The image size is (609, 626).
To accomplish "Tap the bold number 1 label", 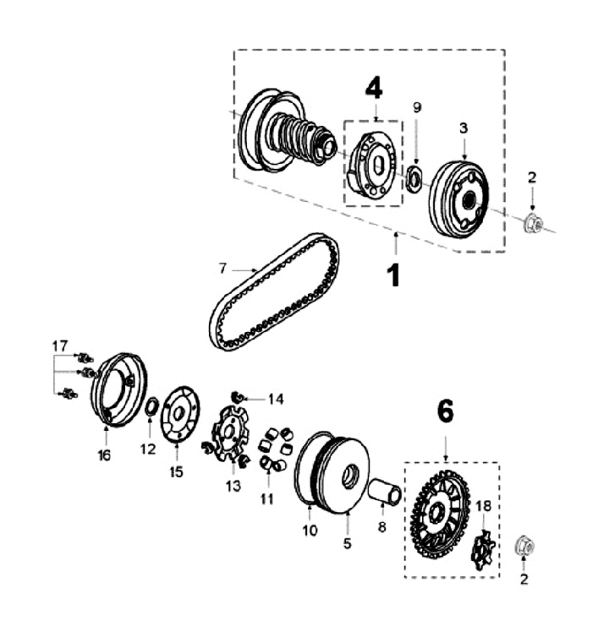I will coord(393,275).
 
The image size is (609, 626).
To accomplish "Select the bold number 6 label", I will coord(445,411).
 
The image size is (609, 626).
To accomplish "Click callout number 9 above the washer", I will coord(416,107).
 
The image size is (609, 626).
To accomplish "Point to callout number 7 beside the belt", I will coord(222,269).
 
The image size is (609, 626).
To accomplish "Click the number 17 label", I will coord(59,346).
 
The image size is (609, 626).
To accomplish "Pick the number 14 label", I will coord(277,399).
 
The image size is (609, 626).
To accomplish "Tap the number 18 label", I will coord(484,505).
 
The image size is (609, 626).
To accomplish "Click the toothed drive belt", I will coord(275,291).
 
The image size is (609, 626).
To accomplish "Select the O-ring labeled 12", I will coord(150,408).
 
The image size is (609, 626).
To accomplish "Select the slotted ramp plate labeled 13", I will coord(229,436).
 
